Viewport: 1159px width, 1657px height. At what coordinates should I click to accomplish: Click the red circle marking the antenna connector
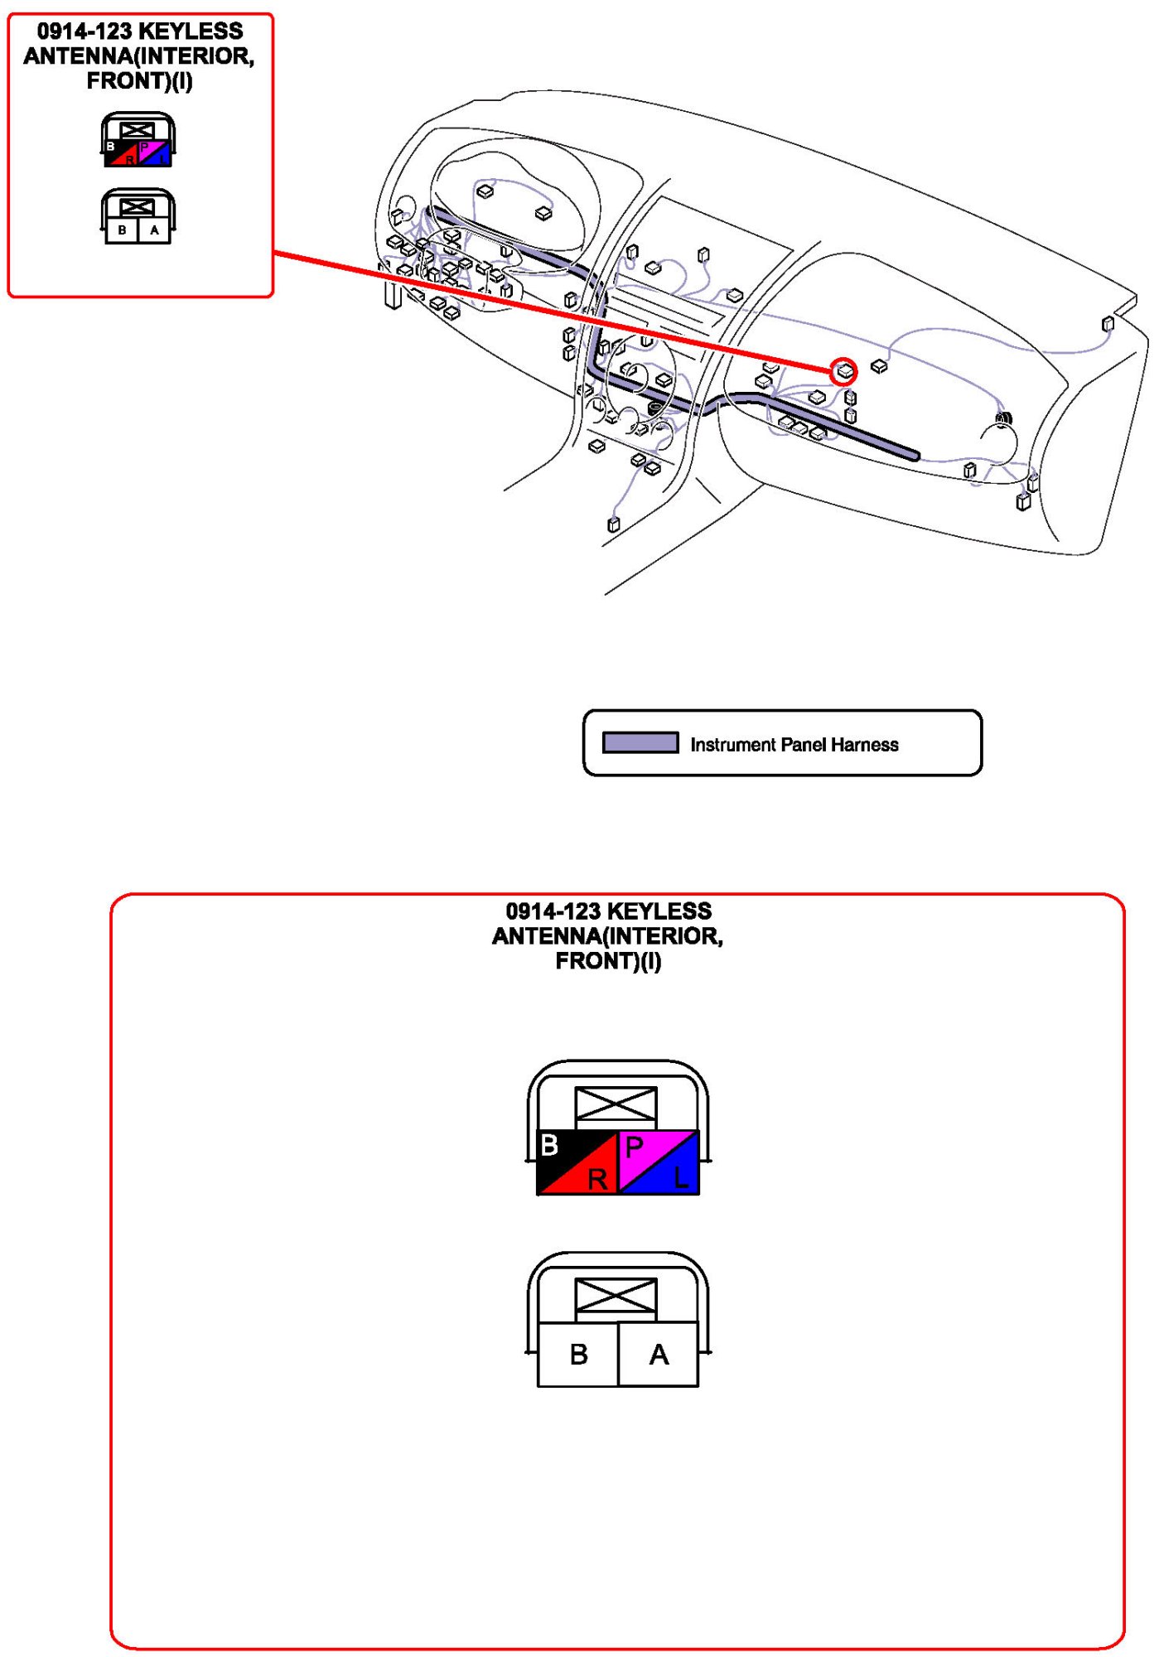843,371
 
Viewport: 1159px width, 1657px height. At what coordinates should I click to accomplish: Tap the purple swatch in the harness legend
640,742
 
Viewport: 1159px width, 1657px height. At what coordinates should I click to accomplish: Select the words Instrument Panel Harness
794,745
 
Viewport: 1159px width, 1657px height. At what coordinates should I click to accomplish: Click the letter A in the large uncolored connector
659,1355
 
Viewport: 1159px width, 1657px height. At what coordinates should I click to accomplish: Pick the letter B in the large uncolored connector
579,1355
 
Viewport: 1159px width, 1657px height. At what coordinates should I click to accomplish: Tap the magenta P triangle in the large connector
641,1148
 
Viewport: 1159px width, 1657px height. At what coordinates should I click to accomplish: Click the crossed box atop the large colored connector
616,1104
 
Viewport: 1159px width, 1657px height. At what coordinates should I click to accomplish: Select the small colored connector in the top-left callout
138,141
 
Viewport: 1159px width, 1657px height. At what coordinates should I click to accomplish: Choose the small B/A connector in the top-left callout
138,218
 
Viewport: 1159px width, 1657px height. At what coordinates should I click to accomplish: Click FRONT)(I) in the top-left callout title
139,81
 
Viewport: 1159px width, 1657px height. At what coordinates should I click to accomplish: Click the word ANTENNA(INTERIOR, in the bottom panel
607,936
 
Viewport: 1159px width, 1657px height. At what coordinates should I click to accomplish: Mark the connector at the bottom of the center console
614,524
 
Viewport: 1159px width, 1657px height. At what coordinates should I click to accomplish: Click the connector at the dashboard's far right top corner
1108,324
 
